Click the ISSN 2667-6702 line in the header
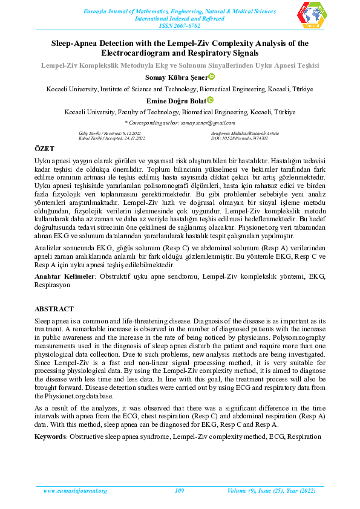(180, 27)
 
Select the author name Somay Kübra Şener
(175, 77)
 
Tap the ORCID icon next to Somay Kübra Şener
(212, 77)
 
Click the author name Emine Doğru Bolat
(175, 101)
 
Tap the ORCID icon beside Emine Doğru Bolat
(210, 100)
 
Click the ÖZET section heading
(44, 149)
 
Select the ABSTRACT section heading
(54, 308)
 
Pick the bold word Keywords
(50, 436)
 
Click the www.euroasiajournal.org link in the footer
(76, 491)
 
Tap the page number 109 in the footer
(179, 491)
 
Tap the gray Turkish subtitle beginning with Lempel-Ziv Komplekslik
(180, 64)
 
